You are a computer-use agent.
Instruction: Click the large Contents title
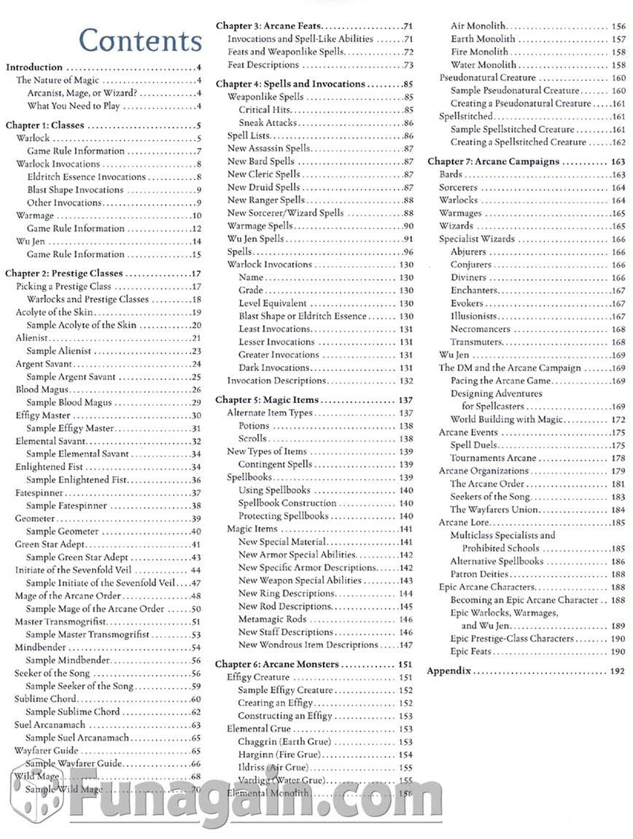coord(140,41)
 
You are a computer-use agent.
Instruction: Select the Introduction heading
coord(34,67)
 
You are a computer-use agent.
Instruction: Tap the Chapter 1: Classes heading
coord(44,125)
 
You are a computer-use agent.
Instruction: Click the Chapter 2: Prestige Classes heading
coord(64,273)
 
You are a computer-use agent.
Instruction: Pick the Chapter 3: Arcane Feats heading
coord(268,26)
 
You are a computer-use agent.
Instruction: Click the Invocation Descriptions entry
coord(276,381)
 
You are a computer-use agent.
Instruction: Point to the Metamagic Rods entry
coord(271,620)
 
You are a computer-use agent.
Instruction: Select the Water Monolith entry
coord(483,65)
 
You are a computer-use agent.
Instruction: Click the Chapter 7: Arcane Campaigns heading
coord(493,162)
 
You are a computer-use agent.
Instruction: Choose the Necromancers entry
coord(480,329)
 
